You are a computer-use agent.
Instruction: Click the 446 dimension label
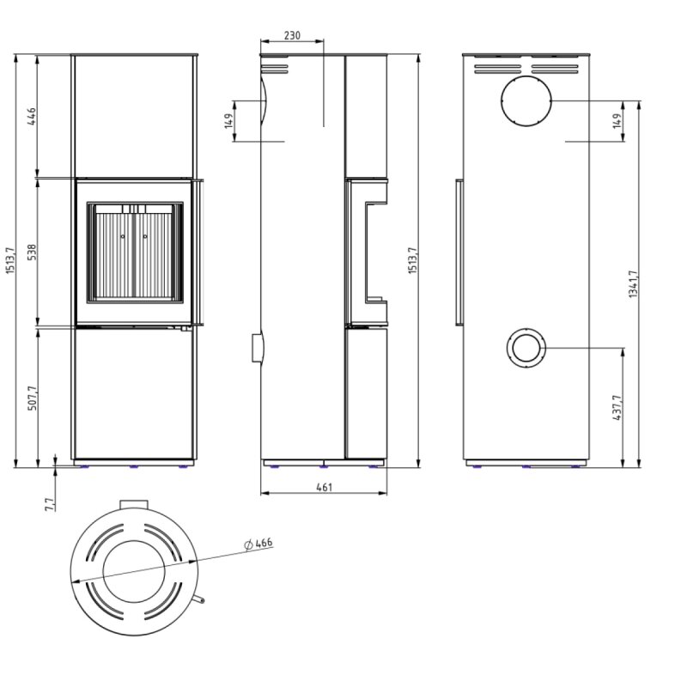pyautogui.click(x=32, y=117)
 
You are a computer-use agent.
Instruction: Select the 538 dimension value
pyautogui.click(x=32, y=252)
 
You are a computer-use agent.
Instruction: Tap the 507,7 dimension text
pyautogui.click(x=32, y=398)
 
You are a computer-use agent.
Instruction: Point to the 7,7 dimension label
pyautogui.click(x=50, y=504)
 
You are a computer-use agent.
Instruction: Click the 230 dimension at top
pyautogui.click(x=292, y=35)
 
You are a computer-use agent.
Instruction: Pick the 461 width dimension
pyautogui.click(x=324, y=487)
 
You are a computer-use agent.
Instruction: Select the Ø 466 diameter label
pyautogui.click(x=258, y=544)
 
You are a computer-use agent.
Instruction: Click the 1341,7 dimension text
pyautogui.click(x=633, y=284)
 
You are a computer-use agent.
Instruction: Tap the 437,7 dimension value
pyautogui.click(x=617, y=407)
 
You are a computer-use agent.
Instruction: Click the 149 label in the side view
pyautogui.click(x=228, y=121)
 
